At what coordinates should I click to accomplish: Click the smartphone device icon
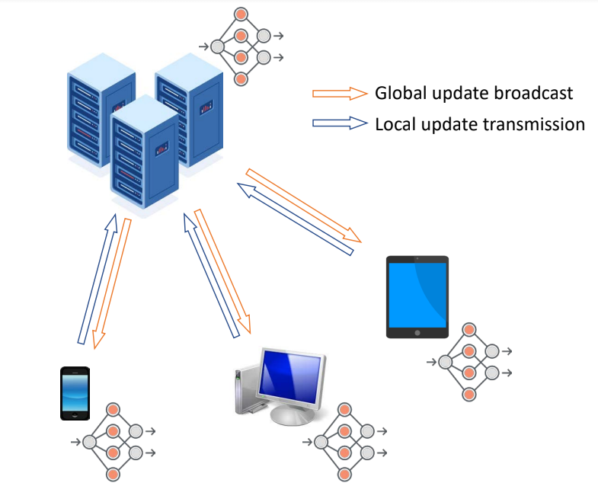[75, 393]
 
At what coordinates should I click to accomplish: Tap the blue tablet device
[417, 296]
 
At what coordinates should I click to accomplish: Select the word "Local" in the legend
[395, 123]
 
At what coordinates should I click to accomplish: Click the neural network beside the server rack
[241, 46]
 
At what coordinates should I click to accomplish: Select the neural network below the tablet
[469, 362]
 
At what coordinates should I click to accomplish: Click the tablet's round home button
[417, 333]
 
